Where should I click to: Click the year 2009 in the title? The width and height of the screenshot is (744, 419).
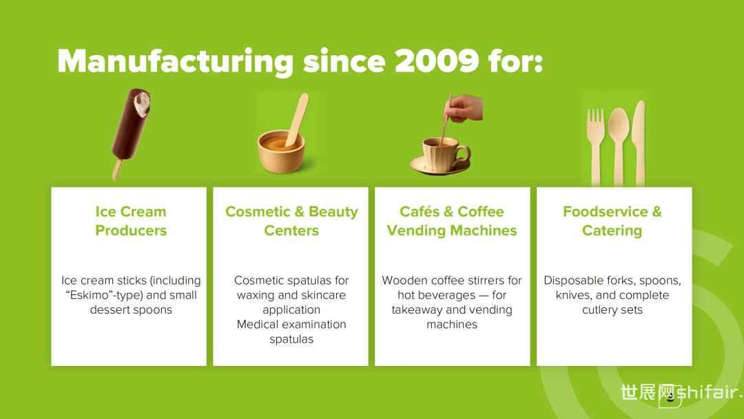coord(437,61)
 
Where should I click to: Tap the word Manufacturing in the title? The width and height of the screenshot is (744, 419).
coord(176,63)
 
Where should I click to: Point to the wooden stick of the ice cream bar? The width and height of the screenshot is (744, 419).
coord(116,169)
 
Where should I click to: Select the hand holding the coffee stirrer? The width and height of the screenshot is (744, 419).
coord(464,109)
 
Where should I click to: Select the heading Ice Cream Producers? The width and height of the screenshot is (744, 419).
coord(131,221)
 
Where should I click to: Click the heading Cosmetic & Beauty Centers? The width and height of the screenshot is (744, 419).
coord(291,221)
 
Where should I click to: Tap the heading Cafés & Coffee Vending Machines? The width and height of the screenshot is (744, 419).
coord(452,221)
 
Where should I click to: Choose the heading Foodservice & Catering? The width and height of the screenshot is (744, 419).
coord(612,221)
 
